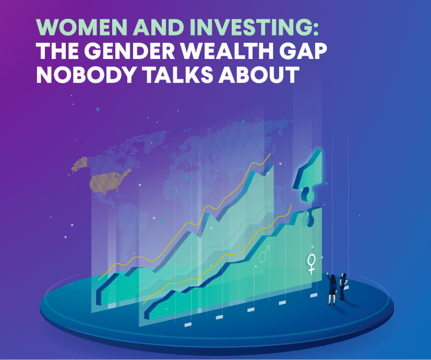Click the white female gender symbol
click(312, 262)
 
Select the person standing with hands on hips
click(343, 286)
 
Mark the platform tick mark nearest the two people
click(314, 295)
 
